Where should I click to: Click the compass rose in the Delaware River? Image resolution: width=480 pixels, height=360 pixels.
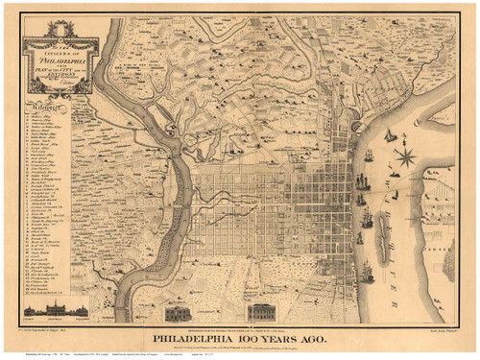[404, 151]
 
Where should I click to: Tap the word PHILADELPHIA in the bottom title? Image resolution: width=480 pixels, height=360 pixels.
[191, 337]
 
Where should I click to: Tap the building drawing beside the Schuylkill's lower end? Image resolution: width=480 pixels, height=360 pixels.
[179, 312]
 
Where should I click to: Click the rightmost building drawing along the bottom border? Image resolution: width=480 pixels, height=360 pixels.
[262, 312]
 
